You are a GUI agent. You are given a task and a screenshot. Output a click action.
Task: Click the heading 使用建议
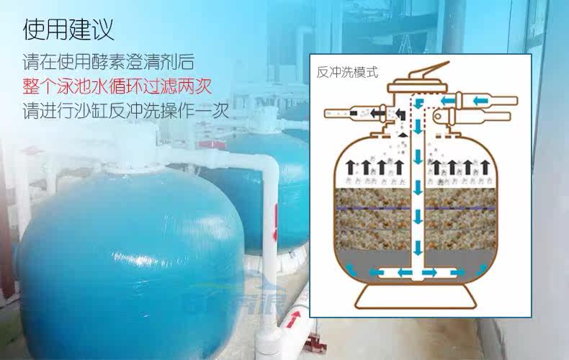[68, 31]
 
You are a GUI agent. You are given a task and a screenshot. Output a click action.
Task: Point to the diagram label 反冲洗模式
[347, 73]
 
